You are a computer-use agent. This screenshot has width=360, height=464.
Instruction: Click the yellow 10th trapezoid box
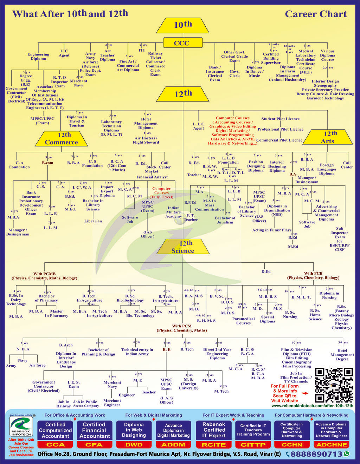(182, 25)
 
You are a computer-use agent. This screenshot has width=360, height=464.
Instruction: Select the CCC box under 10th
(181, 43)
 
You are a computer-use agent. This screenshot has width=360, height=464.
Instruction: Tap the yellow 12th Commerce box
(62, 139)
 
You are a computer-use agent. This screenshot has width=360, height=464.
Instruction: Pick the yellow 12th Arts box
(328, 137)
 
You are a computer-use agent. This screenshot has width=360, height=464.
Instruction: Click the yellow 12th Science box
(183, 247)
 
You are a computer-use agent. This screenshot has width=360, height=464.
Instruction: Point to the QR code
(334, 385)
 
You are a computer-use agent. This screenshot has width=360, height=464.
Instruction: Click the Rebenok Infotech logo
(21, 426)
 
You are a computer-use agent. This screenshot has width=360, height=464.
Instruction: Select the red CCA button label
(55, 445)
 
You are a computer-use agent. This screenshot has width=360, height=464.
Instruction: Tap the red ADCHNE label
(331, 445)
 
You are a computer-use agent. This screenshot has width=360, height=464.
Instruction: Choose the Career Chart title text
(316, 14)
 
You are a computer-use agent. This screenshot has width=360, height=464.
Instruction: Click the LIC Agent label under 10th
(64, 53)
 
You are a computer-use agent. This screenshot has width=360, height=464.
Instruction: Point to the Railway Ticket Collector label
(155, 64)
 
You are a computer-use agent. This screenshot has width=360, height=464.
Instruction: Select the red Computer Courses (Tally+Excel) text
(161, 193)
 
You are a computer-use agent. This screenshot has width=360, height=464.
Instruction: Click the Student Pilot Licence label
(280, 119)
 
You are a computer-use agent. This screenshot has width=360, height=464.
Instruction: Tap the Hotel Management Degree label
(342, 355)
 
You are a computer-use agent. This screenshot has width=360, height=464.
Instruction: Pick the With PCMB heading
(45, 276)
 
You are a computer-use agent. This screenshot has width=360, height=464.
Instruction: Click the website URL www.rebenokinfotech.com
(312, 406)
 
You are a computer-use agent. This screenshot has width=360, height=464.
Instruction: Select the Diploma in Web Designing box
(134, 430)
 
